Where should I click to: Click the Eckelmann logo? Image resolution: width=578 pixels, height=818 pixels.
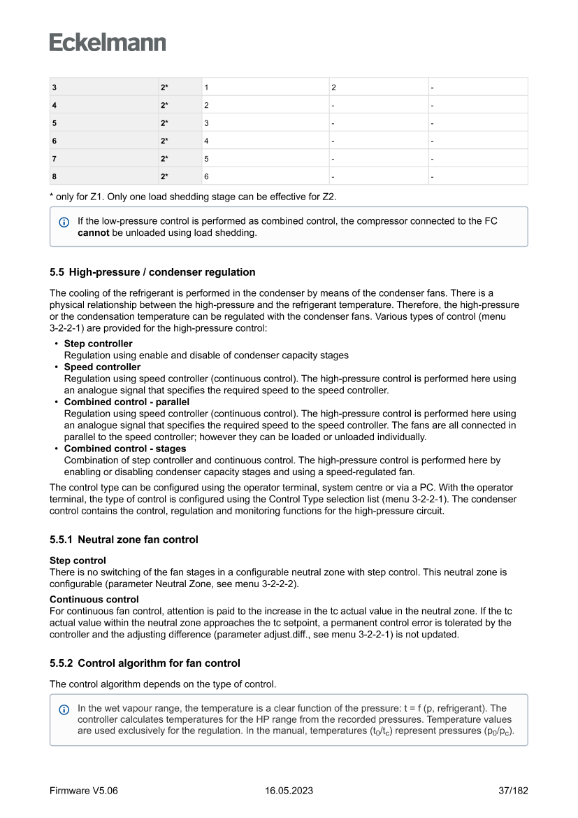point(108,43)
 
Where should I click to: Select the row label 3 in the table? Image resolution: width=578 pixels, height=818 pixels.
point(54,87)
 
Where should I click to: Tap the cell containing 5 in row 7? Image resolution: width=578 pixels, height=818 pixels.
point(207,159)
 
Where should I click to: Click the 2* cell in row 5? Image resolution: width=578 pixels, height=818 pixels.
point(165,123)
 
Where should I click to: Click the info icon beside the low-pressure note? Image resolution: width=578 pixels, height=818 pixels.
point(64,222)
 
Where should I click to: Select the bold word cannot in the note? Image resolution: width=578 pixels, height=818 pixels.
point(93,233)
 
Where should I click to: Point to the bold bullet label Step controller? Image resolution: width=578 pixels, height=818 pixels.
point(98,344)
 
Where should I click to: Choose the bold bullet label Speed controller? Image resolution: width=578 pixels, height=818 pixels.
point(102,367)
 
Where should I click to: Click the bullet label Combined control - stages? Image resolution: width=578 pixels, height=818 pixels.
point(125,449)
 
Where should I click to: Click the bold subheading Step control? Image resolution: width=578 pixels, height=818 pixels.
point(78,560)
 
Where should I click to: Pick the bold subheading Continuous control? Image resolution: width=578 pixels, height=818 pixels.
point(94,599)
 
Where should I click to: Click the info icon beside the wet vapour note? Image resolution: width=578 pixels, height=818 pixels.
point(64,709)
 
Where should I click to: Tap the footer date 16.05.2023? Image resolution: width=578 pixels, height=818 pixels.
point(289,791)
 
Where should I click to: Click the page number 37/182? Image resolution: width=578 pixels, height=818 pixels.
point(512,791)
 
